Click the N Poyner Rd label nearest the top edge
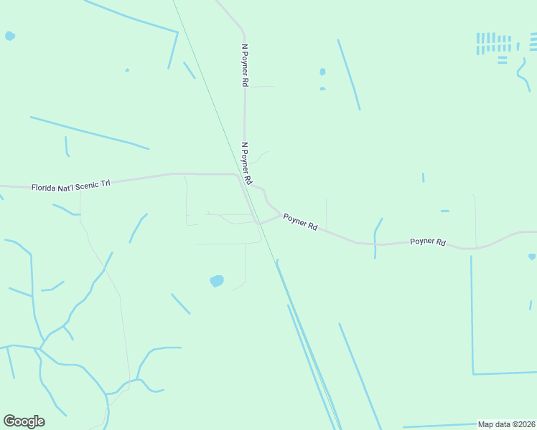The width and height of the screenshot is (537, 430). [244, 65]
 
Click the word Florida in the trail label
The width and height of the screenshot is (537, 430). [45, 188]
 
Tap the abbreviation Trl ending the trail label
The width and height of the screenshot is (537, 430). [105, 184]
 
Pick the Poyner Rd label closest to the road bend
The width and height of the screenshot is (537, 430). [300, 221]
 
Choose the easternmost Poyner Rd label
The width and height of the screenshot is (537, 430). [428, 242]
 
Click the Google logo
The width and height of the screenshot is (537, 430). [24, 421]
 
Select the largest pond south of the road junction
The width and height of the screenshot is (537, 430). [217, 281]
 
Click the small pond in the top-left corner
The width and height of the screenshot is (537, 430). [9, 35]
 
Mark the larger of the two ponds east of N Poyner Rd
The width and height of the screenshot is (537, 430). [322, 72]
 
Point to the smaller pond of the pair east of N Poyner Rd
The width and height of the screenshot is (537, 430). [322, 89]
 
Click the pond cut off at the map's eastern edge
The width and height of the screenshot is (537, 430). [533, 256]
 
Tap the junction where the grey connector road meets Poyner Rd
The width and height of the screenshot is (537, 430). [259, 222]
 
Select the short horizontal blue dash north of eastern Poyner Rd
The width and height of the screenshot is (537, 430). [444, 211]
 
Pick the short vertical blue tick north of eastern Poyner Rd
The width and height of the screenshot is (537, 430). [423, 177]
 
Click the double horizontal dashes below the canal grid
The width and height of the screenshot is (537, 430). [502, 60]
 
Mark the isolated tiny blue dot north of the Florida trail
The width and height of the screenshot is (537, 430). [127, 70]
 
